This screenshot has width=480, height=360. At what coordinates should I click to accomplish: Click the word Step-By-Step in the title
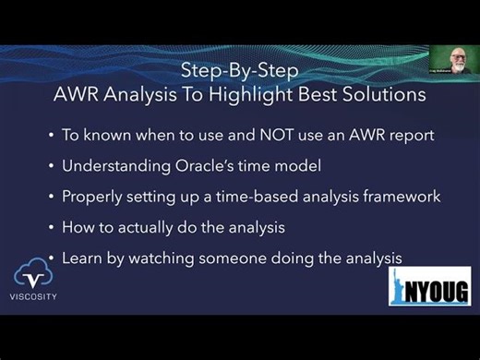(237, 71)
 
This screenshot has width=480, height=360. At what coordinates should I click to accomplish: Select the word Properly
(90, 197)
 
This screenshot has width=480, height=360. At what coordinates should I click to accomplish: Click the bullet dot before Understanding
(52, 167)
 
